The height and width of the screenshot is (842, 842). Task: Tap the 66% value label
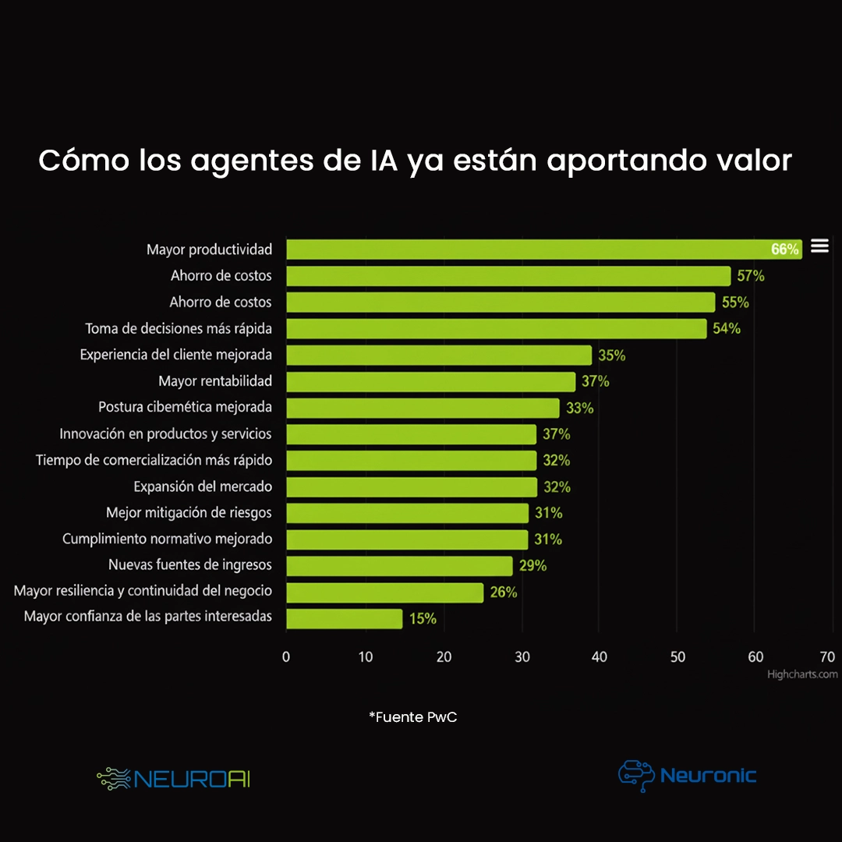pos(785,249)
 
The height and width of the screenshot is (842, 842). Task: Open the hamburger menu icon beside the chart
pos(819,246)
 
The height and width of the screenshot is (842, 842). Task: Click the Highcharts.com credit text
pos(802,674)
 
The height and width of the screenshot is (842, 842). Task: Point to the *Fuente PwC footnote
pos(412,717)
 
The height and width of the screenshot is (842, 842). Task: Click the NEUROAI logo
pos(174,778)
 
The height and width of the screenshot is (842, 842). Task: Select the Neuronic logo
pos(687,775)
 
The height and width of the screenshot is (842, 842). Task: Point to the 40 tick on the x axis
pos(599,657)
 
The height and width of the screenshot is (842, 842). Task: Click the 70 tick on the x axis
pos(827,657)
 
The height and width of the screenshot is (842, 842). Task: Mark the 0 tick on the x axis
pos(286,657)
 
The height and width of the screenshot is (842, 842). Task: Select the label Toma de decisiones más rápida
pos(179,328)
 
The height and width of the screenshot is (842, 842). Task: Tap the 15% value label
pos(423,619)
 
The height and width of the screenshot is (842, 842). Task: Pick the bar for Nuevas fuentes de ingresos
pos(399,566)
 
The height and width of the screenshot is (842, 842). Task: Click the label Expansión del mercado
pos(203,486)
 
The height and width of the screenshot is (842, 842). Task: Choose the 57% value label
pos(751,276)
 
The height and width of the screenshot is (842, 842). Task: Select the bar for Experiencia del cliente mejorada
pos(439,356)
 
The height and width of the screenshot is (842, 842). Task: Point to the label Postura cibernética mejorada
pos(185,407)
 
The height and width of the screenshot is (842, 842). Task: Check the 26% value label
pos(504,593)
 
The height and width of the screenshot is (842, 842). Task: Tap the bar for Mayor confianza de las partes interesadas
pos(344,619)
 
